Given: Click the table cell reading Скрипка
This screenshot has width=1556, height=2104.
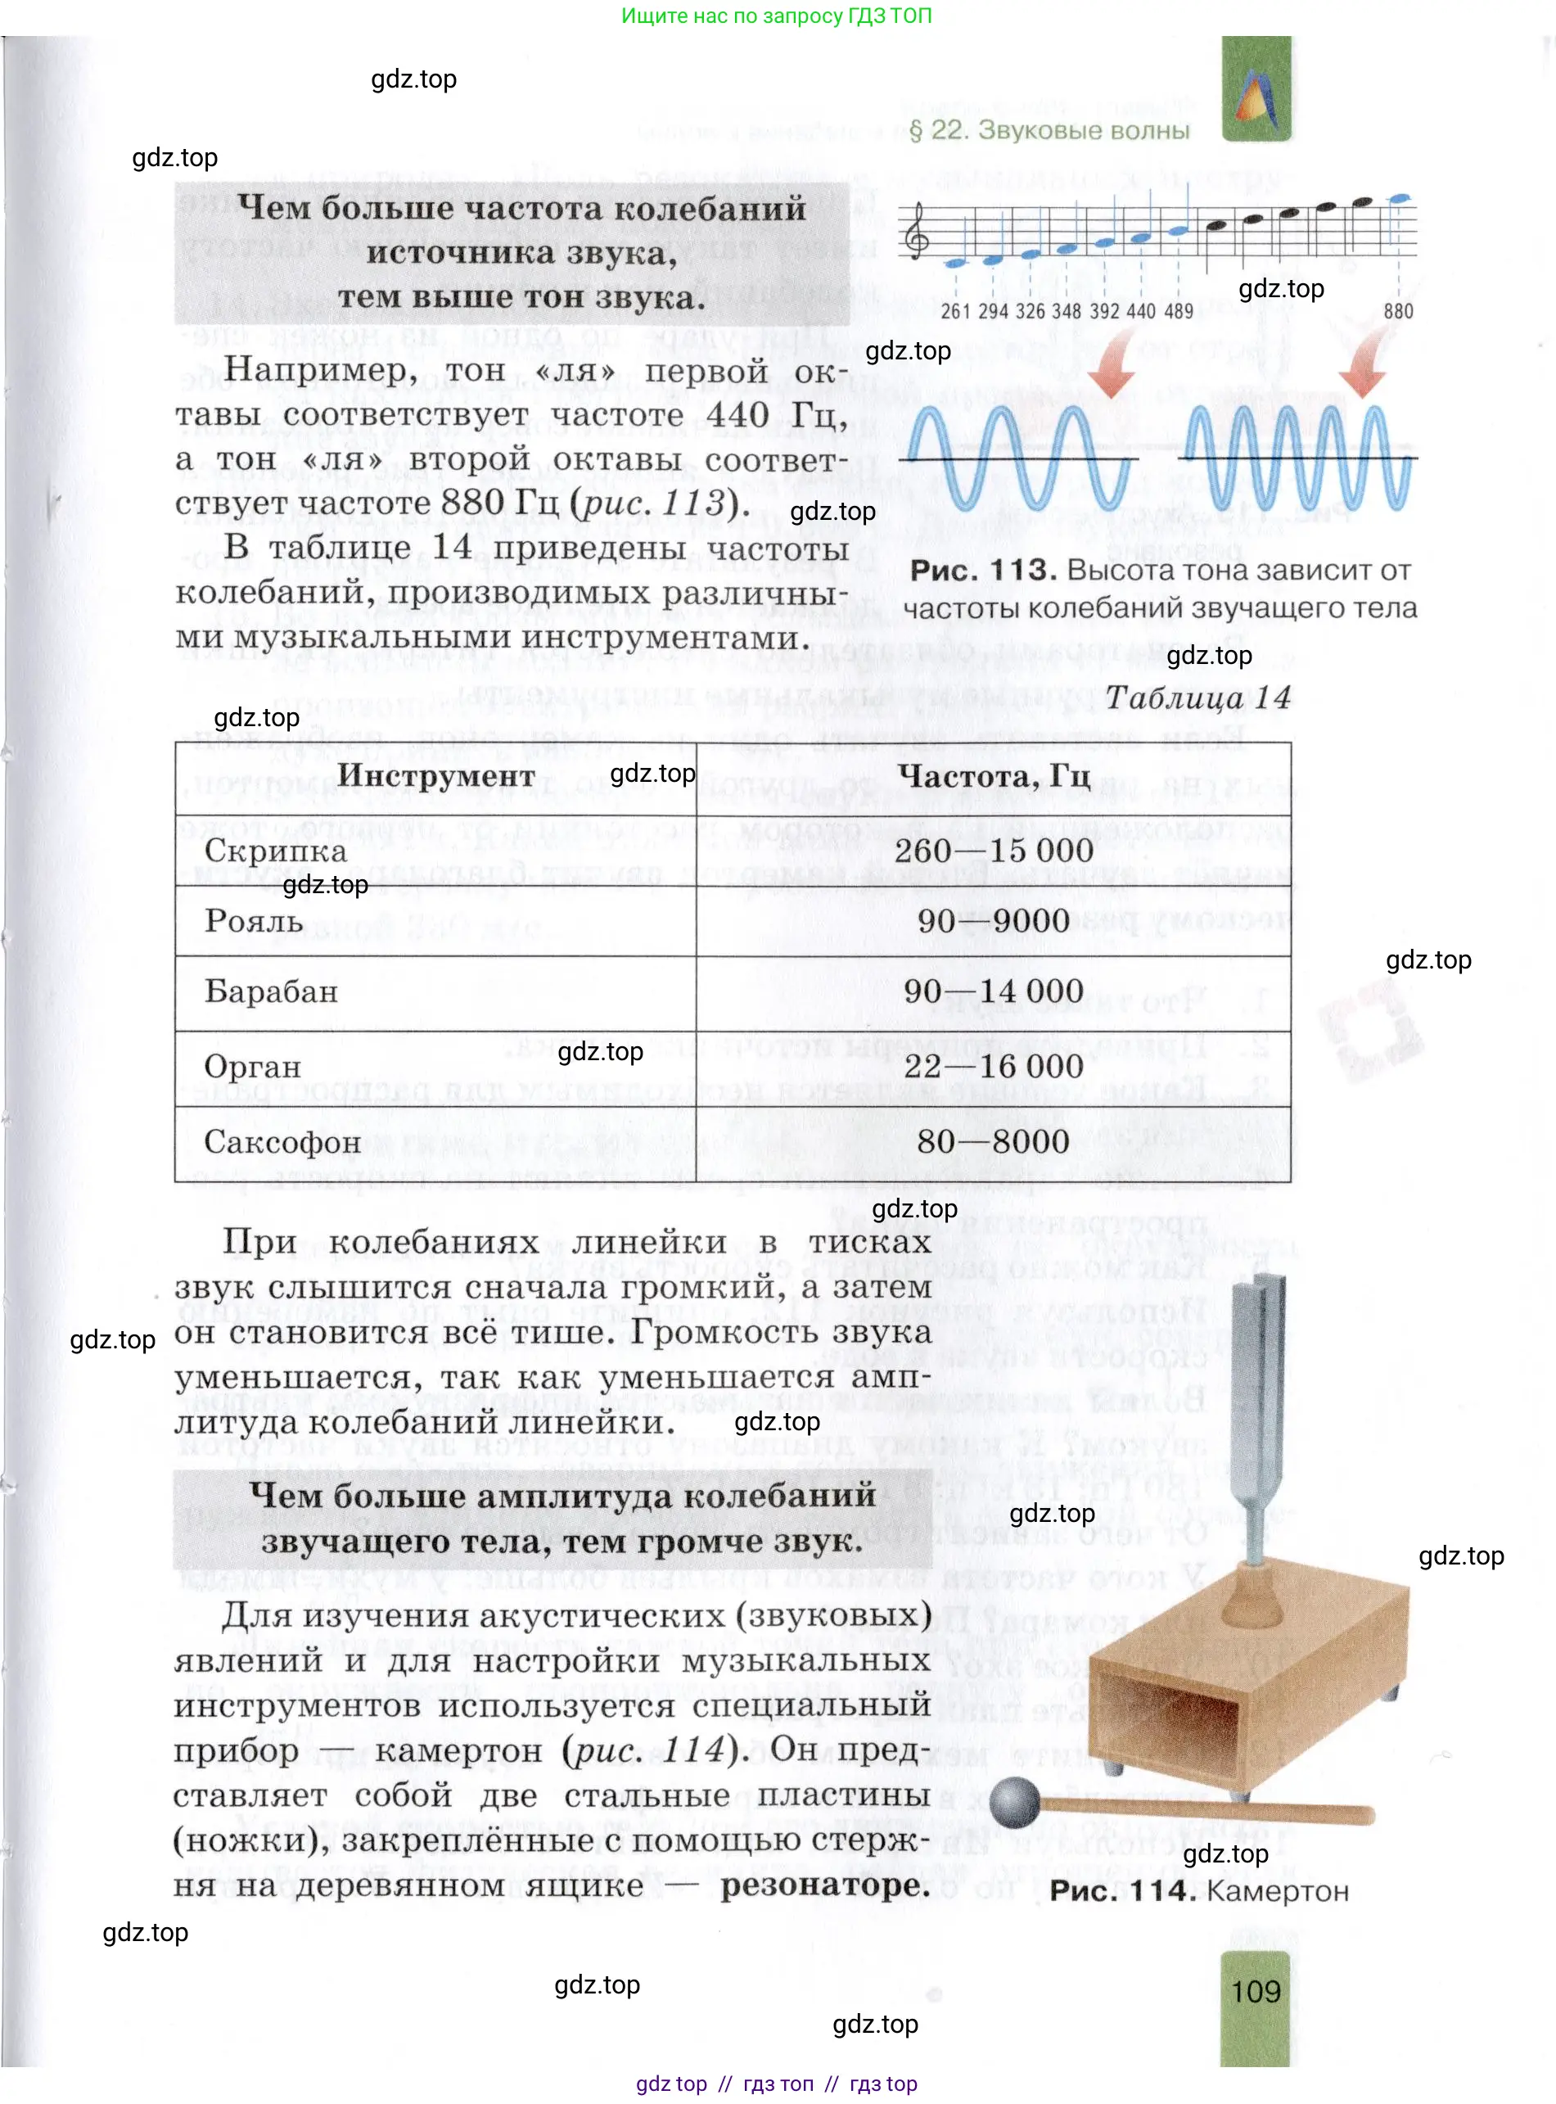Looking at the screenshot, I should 275,851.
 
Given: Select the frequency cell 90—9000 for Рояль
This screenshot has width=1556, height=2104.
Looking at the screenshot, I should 993,920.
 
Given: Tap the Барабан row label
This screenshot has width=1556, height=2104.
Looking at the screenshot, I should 271,991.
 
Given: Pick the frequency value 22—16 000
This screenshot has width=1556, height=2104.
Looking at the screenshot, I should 993,1066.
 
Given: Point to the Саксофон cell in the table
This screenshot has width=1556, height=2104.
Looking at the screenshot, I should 282,1141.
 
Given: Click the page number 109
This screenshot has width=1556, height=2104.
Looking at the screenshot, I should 1256,1991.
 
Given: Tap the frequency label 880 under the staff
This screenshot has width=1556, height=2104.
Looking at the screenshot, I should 1398,311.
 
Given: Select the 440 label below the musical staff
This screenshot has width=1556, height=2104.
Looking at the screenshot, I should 1141,311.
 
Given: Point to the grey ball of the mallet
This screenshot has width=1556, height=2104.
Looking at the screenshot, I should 1013,1802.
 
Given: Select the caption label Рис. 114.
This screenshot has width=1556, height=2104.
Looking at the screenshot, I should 1121,1890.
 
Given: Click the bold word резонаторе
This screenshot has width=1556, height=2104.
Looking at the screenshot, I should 825,1885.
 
